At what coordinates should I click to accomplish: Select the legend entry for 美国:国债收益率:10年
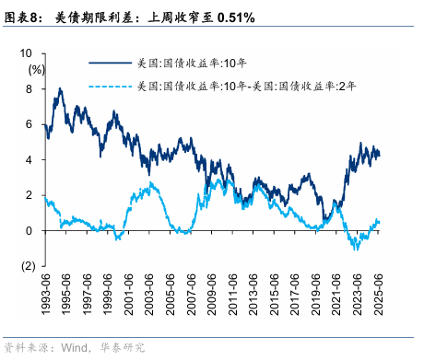click(x=198, y=63)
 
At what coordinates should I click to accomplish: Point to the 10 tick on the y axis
click(x=29, y=53)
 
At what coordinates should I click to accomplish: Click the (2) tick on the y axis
click(x=29, y=266)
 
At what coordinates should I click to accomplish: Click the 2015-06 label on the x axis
click(x=276, y=293)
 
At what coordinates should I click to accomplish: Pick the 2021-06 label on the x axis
click(x=337, y=293)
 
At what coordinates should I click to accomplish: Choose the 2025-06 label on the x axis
click(x=379, y=293)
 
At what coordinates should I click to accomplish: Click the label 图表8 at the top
click(x=22, y=17)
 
